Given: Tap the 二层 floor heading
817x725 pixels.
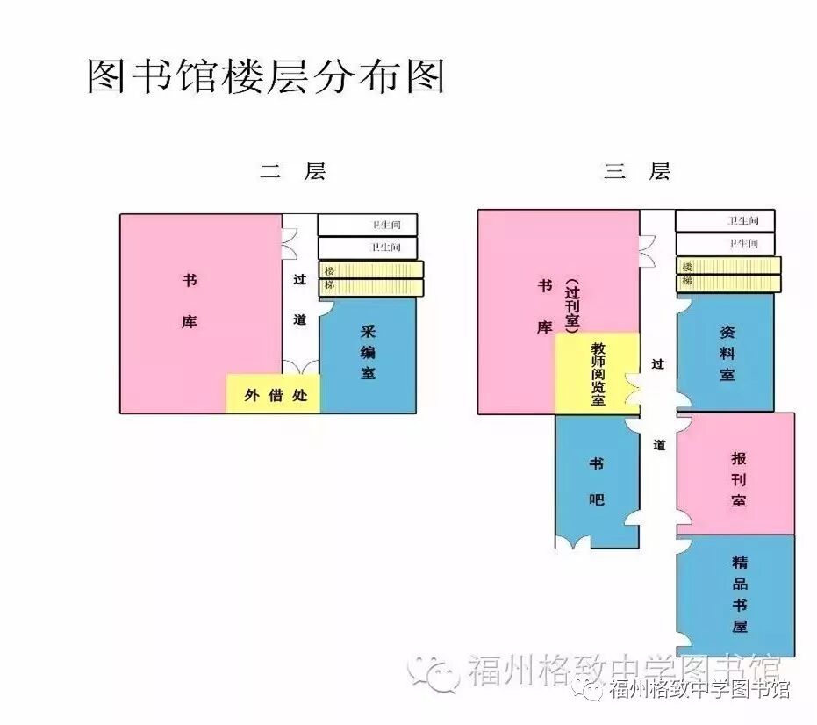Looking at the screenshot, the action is [292, 171].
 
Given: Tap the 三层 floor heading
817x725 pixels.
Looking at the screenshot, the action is [636, 171].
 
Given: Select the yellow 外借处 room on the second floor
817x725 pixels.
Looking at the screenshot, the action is [274, 394].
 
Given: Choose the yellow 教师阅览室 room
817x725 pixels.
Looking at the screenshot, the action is [598, 373].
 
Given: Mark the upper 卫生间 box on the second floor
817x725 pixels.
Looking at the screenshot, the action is [368, 226].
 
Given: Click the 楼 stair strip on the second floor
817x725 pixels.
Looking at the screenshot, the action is [371, 270].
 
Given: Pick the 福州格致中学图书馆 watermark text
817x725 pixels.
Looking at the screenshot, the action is [699, 687].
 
